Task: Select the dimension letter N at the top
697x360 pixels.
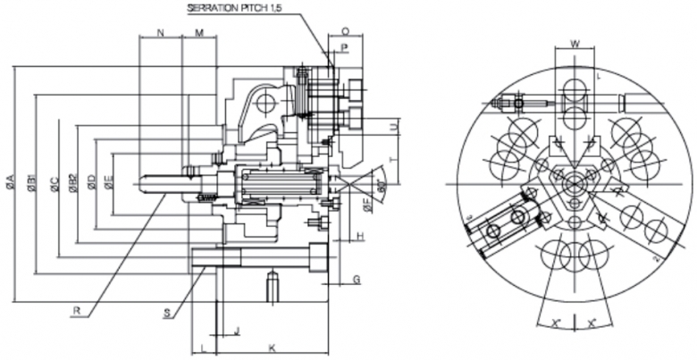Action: point(160,32)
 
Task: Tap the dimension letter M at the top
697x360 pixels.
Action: point(199,32)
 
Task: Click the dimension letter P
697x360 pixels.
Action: point(344,44)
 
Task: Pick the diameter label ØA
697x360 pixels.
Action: point(10,182)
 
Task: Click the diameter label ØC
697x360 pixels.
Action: point(54,184)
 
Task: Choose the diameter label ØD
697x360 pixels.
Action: point(91,183)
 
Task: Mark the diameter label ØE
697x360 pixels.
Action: point(109,183)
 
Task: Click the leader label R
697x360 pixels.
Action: point(80,312)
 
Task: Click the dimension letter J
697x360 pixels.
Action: point(235,331)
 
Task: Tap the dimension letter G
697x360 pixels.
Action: point(356,280)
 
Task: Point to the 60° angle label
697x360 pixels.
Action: point(381,188)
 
